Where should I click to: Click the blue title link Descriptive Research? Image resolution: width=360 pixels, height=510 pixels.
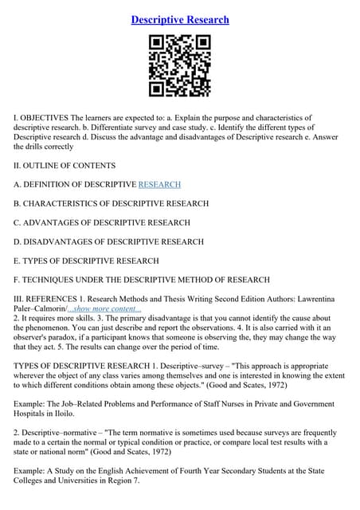click(180, 19)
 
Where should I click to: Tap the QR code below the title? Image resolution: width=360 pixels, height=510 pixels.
click(180, 65)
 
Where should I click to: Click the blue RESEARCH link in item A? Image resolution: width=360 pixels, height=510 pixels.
click(159, 185)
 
